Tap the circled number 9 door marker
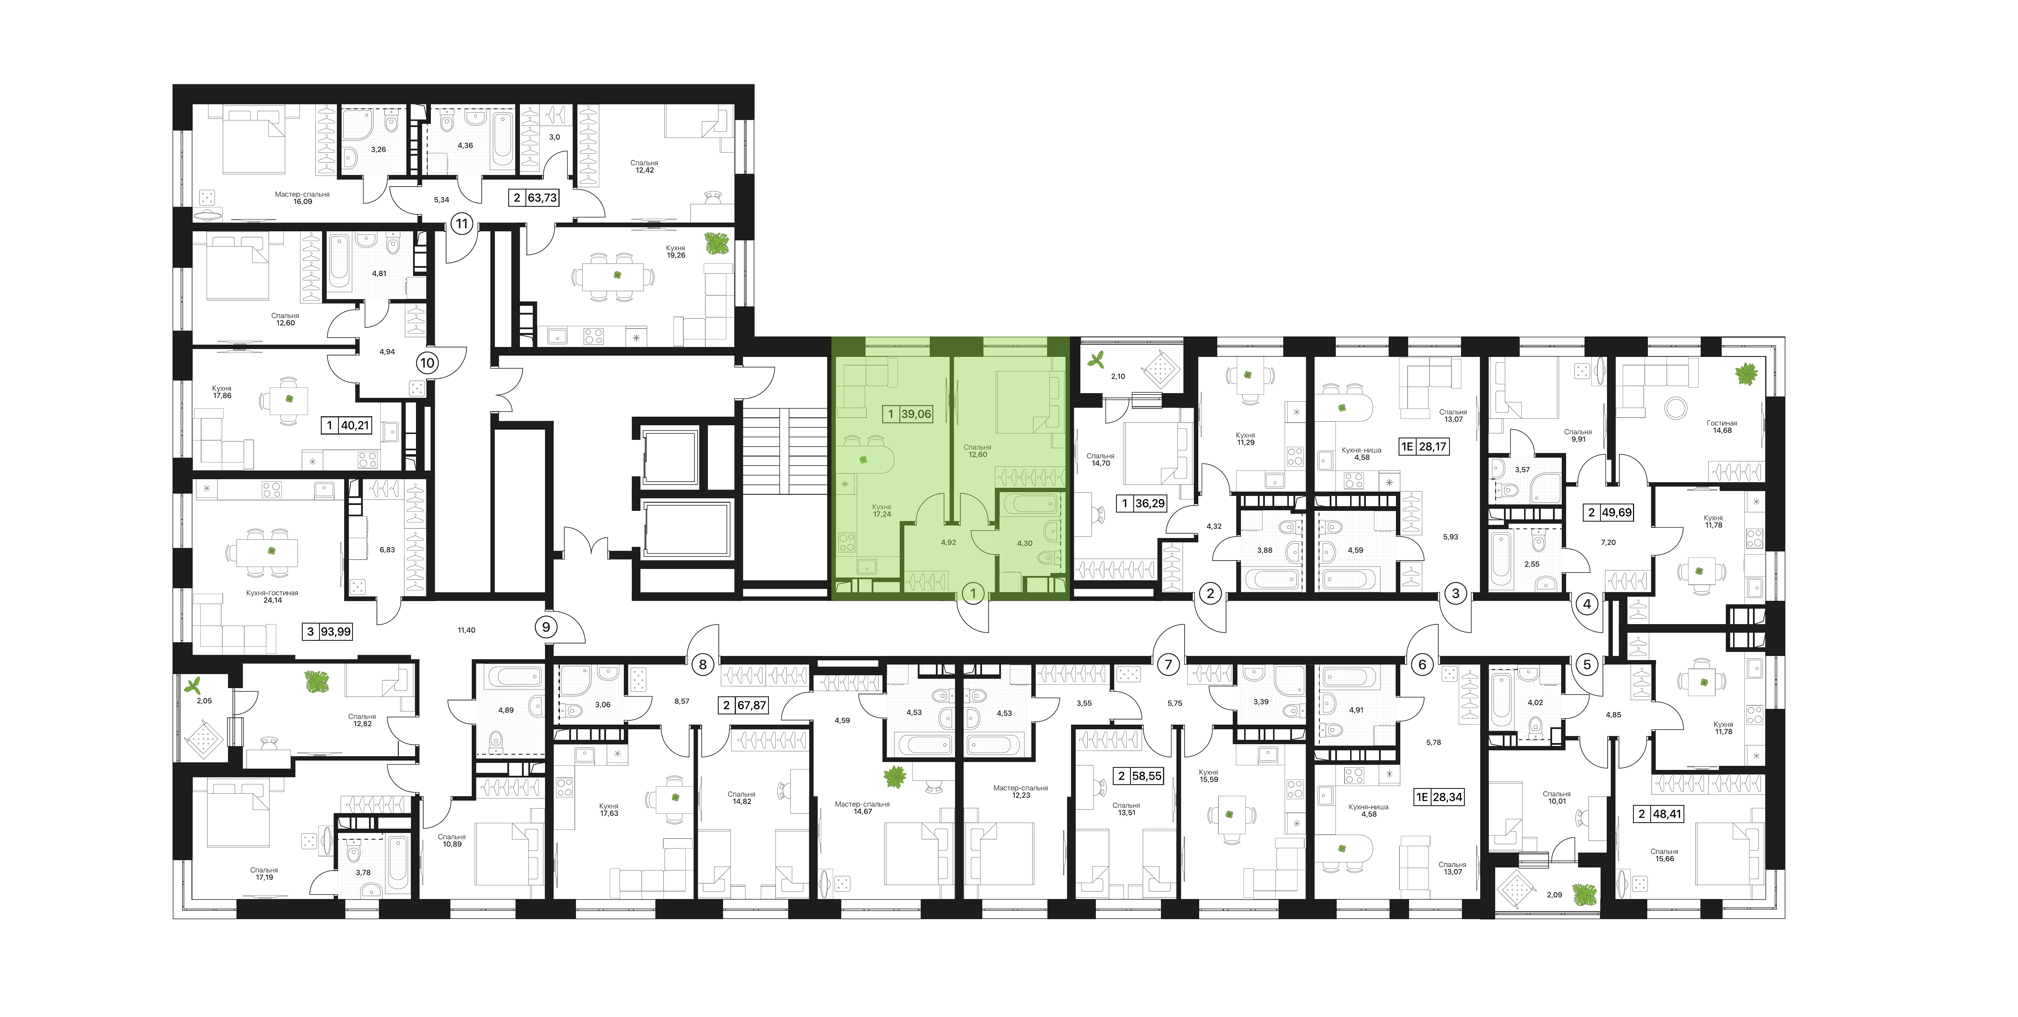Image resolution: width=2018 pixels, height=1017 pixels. click(546, 627)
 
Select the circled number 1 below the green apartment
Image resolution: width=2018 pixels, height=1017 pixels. click(973, 594)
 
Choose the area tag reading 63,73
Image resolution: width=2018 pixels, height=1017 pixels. click(542, 198)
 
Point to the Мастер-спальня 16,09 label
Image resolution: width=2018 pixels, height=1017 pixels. click(302, 197)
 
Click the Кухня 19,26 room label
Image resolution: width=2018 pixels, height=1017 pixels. click(675, 251)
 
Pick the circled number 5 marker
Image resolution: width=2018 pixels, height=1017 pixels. click(1587, 664)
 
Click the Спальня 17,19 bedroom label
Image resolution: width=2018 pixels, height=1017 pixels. click(264, 874)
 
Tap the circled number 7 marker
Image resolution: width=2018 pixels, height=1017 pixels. click(1168, 664)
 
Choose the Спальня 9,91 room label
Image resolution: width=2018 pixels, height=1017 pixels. click(1578, 436)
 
